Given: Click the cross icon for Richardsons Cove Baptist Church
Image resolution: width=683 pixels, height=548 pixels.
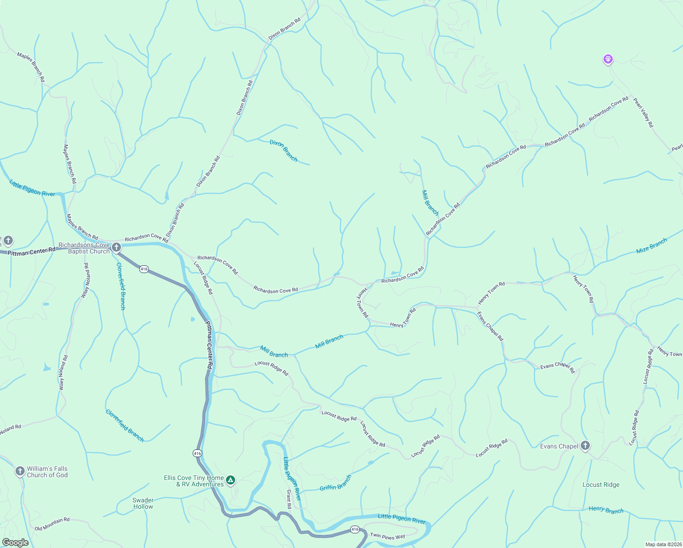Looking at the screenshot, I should point(116,248).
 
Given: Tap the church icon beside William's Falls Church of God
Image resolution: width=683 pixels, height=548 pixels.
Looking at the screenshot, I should point(20,471).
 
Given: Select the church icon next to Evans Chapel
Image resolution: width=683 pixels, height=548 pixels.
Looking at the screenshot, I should point(585,446).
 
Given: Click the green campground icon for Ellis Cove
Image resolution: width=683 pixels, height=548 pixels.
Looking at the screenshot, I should point(231,480).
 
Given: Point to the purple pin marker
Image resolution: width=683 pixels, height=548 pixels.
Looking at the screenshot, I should point(608,59).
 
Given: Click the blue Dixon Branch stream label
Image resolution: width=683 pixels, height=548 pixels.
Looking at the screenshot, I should point(284,151).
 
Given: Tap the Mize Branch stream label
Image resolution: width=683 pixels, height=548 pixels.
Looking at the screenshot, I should point(651,246).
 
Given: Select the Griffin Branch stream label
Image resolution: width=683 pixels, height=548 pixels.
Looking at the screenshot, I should point(336,483).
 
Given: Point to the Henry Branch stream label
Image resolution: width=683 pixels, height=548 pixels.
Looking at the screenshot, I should point(606,510).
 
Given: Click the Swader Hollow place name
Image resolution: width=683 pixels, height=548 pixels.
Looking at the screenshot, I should point(143,503).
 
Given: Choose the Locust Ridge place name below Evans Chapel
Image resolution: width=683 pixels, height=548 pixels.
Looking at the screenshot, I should point(601,485).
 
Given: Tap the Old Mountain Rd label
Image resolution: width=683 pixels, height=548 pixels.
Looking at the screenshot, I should point(52,524).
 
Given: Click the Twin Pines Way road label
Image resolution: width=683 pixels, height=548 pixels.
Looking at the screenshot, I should point(387,536).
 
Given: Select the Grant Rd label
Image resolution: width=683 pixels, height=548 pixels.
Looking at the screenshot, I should point(289,499).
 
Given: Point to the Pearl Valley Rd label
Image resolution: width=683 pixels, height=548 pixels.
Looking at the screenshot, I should point(643,112).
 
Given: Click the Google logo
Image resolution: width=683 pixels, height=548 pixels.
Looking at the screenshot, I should point(15,543).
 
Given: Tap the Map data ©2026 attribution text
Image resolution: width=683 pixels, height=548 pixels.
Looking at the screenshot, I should point(663,544).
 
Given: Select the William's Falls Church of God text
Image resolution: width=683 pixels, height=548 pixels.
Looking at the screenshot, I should point(47,472).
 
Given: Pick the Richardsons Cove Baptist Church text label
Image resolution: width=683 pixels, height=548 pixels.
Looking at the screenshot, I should point(84,248).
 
